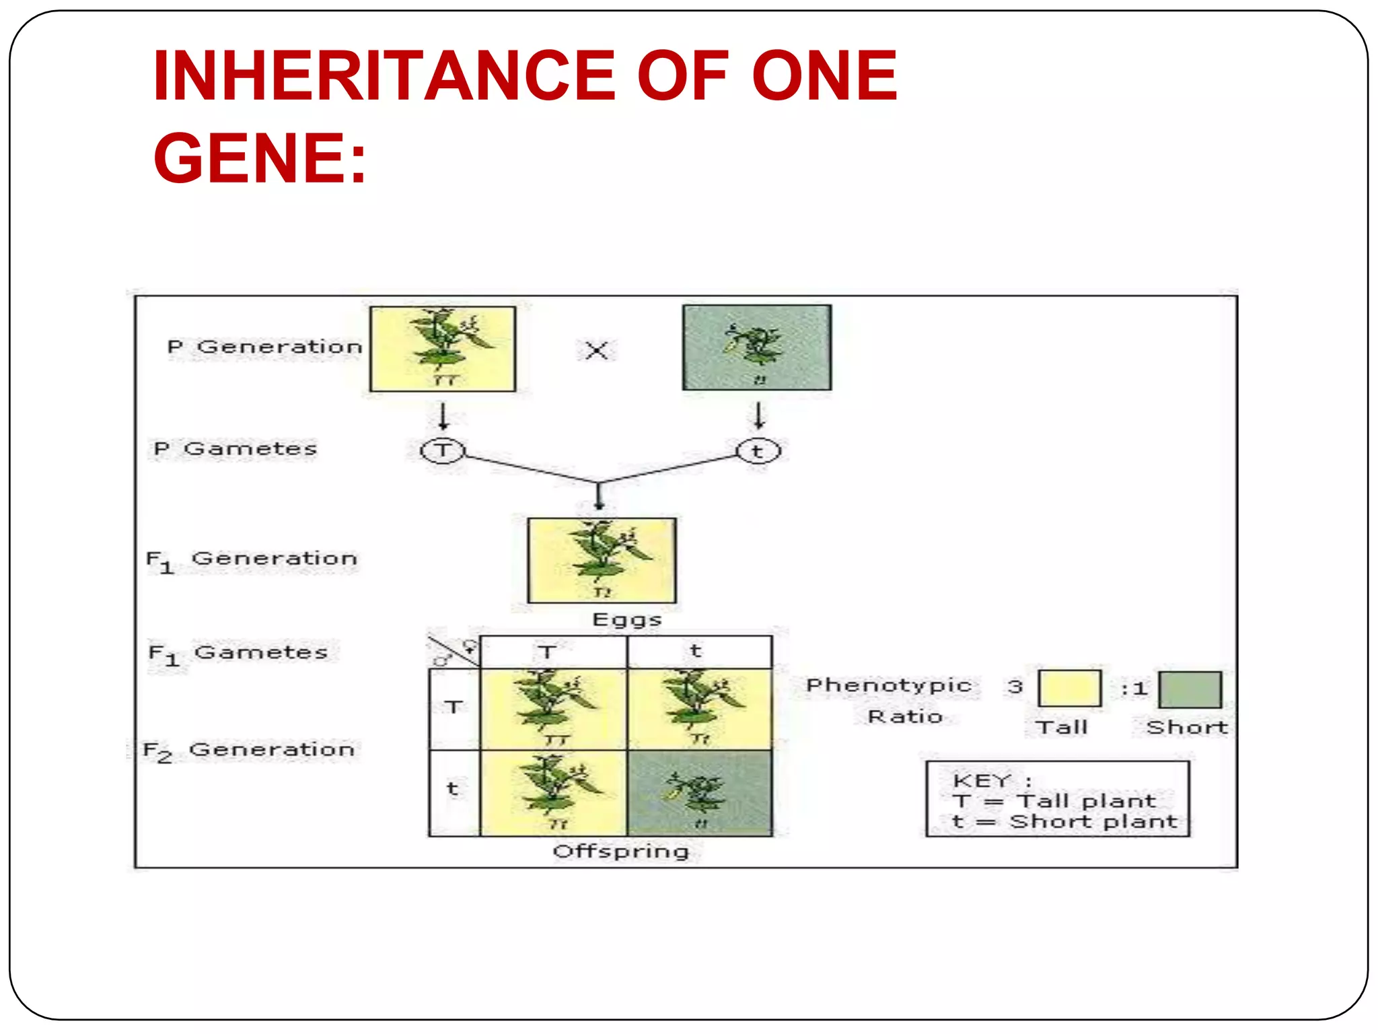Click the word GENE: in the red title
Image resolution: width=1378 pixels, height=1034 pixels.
260,158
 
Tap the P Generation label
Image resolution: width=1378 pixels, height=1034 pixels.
264,347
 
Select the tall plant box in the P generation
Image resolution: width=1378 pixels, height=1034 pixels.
443,349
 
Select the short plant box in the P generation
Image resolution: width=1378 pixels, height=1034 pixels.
757,347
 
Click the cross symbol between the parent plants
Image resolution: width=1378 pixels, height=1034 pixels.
596,350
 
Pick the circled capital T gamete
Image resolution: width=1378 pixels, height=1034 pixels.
442,450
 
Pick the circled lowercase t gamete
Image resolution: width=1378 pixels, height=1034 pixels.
758,451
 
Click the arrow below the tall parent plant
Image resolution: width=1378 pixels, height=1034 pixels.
443,415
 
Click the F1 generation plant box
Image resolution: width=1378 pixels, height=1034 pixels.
602,560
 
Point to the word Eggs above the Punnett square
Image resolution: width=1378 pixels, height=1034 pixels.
626,619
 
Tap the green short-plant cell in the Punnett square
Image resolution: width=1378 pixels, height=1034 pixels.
700,793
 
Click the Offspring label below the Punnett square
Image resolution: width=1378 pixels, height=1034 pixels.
620,852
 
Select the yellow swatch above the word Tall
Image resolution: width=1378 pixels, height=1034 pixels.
1069,688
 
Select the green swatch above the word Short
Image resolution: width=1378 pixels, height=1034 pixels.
1190,689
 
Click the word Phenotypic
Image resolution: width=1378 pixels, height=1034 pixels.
889,685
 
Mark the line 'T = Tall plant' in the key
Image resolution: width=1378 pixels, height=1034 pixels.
1054,801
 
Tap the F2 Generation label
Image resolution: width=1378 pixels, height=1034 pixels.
249,750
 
